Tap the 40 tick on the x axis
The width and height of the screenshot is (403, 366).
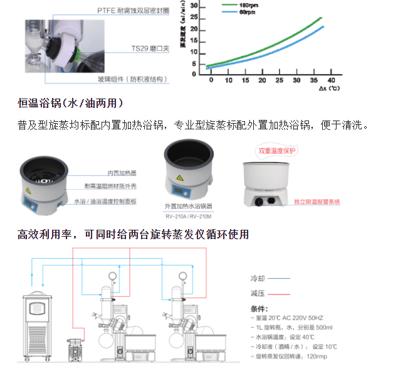pyautogui.click(x=331, y=81)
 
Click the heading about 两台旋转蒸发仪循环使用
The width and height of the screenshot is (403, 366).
pyautogui.click(x=133, y=234)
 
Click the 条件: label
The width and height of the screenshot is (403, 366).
pyautogui.click(x=259, y=309)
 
